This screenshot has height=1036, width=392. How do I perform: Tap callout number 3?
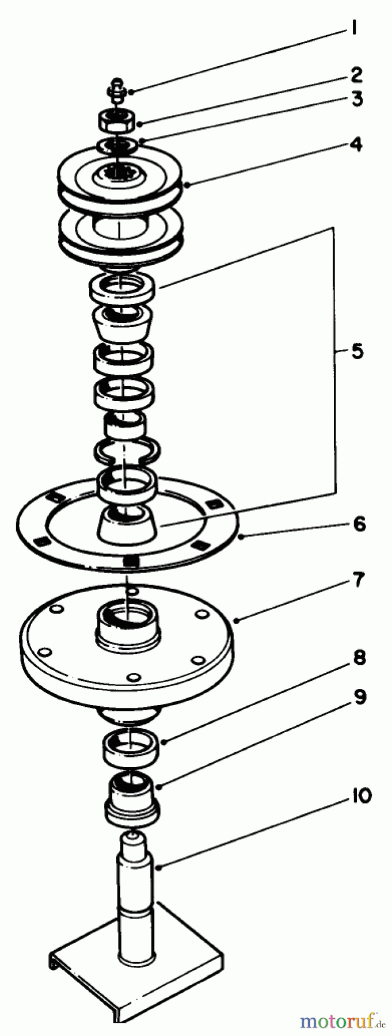(x=356, y=99)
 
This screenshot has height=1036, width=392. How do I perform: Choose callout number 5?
(x=357, y=352)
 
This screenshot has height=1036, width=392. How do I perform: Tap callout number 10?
(x=357, y=797)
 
